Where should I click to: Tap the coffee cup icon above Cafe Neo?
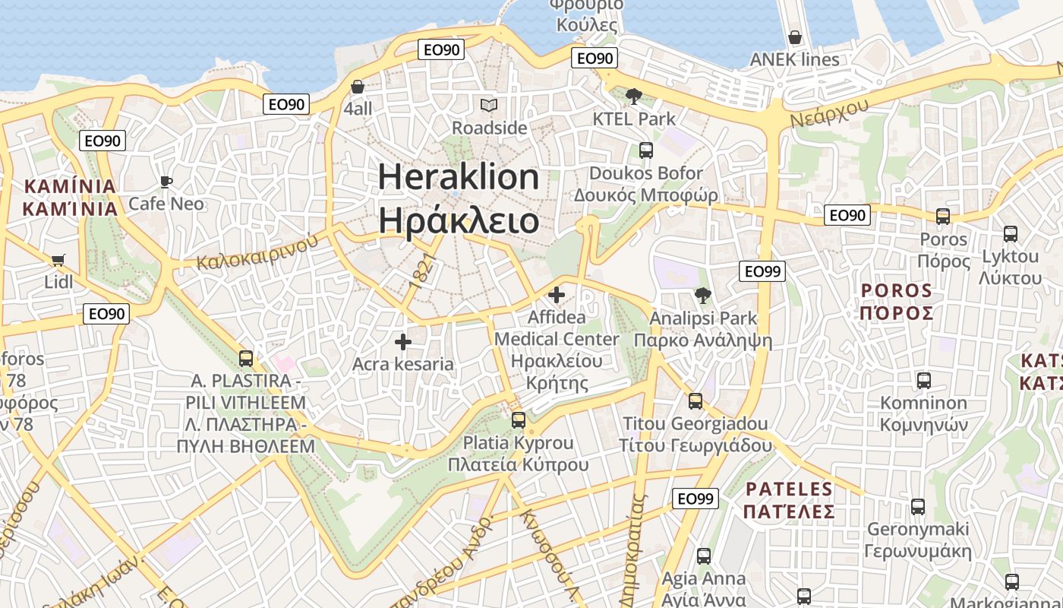click(x=166, y=182)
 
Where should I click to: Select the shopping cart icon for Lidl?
click(x=58, y=260)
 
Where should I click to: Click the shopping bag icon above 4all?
click(x=358, y=87)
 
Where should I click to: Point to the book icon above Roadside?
click(x=489, y=105)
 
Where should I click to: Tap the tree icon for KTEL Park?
click(x=633, y=97)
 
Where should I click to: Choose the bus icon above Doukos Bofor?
click(x=645, y=150)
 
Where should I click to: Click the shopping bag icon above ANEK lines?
click(x=794, y=37)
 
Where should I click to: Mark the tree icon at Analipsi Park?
click(x=702, y=296)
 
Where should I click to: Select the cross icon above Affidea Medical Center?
click(x=557, y=294)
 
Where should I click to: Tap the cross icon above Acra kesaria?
click(x=403, y=342)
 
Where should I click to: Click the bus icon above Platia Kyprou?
click(x=518, y=420)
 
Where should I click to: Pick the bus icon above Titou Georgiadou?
click(x=695, y=401)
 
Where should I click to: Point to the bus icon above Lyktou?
click(x=1010, y=234)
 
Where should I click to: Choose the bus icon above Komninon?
click(x=923, y=381)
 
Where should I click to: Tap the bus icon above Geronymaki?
click(x=917, y=507)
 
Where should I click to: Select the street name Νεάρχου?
click(x=828, y=115)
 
